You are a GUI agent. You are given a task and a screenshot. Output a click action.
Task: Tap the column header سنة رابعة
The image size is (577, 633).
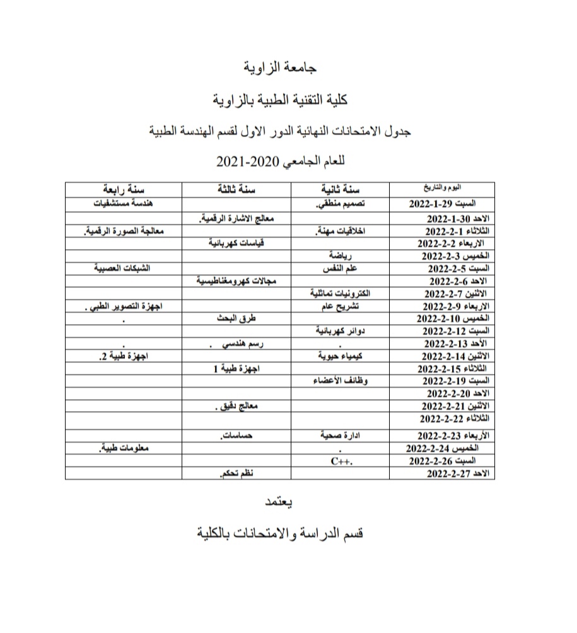coord(124,189)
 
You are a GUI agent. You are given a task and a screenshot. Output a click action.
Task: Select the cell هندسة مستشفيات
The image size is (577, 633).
coord(124,204)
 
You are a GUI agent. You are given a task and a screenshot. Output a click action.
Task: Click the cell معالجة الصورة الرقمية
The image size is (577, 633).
coord(124,231)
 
